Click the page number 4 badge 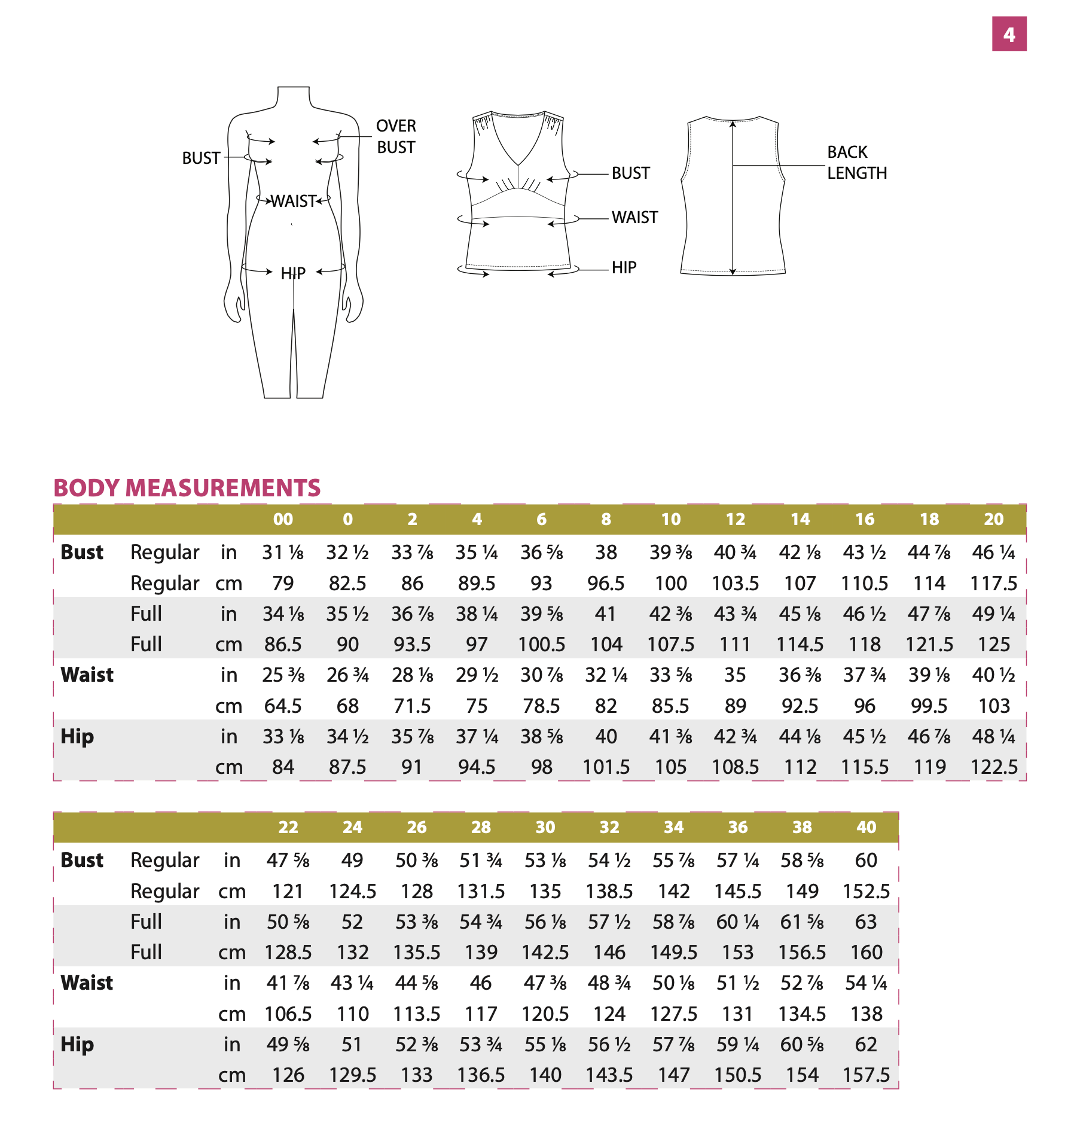[1009, 34]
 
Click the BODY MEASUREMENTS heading [187, 488]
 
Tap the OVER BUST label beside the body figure [396, 136]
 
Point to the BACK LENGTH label [856, 163]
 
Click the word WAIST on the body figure [293, 201]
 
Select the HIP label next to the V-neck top [624, 268]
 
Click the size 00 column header [283, 519]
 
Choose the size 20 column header [993, 519]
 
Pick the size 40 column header [866, 827]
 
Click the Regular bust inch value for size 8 [606, 552]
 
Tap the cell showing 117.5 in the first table [993, 583]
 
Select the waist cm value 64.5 [283, 706]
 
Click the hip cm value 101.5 [606, 767]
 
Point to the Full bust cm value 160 [866, 952]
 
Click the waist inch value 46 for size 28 [481, 983]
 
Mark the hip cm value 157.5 [866, 1075]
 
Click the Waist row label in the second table [87, 983]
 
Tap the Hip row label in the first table [77, 736]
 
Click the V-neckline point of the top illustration [518, 164]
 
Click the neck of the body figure [294, 96]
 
